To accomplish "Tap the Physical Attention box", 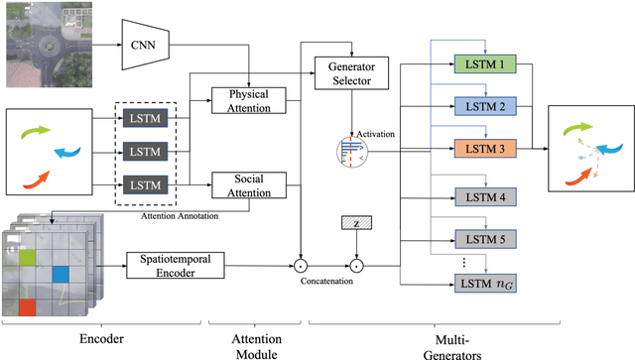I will [x=248, y=100].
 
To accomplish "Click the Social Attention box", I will [x=248, y=183].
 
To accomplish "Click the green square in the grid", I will [x=29, y=259].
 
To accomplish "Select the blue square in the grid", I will [x=61, y=274].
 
